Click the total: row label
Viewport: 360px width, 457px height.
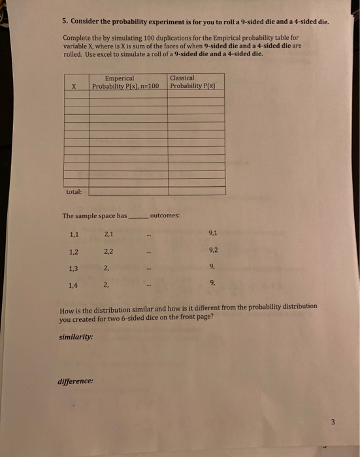click(74, 191)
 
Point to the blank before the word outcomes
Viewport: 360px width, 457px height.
click(139, 216)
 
